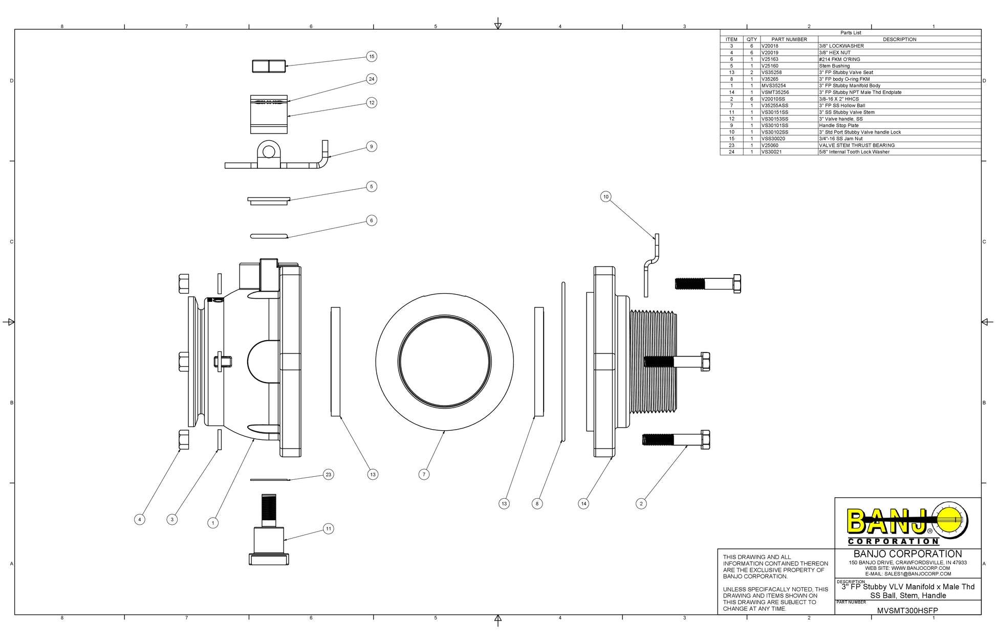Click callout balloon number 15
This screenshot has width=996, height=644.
[372, 56]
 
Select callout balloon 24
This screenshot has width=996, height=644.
[372, 79]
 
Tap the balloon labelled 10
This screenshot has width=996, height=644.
[606, 196]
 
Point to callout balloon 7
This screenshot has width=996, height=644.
[424, 474]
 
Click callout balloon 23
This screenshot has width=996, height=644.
[329, 474]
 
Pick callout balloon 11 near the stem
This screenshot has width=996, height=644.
[329, 528]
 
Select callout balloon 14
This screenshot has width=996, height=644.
[583, 503]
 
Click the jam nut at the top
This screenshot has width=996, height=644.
[269, 66]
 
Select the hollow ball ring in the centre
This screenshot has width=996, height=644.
[444, 362]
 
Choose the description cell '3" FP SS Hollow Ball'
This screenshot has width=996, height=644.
[842, 105]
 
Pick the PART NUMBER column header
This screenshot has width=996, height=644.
[789, 39]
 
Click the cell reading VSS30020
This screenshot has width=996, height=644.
[773, 139]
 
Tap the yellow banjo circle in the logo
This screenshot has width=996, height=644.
[951, 520]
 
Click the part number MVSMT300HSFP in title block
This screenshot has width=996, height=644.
[907, 610]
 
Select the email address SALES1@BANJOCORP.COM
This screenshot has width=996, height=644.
[908, 574]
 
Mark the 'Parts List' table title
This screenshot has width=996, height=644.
[851, 33]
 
